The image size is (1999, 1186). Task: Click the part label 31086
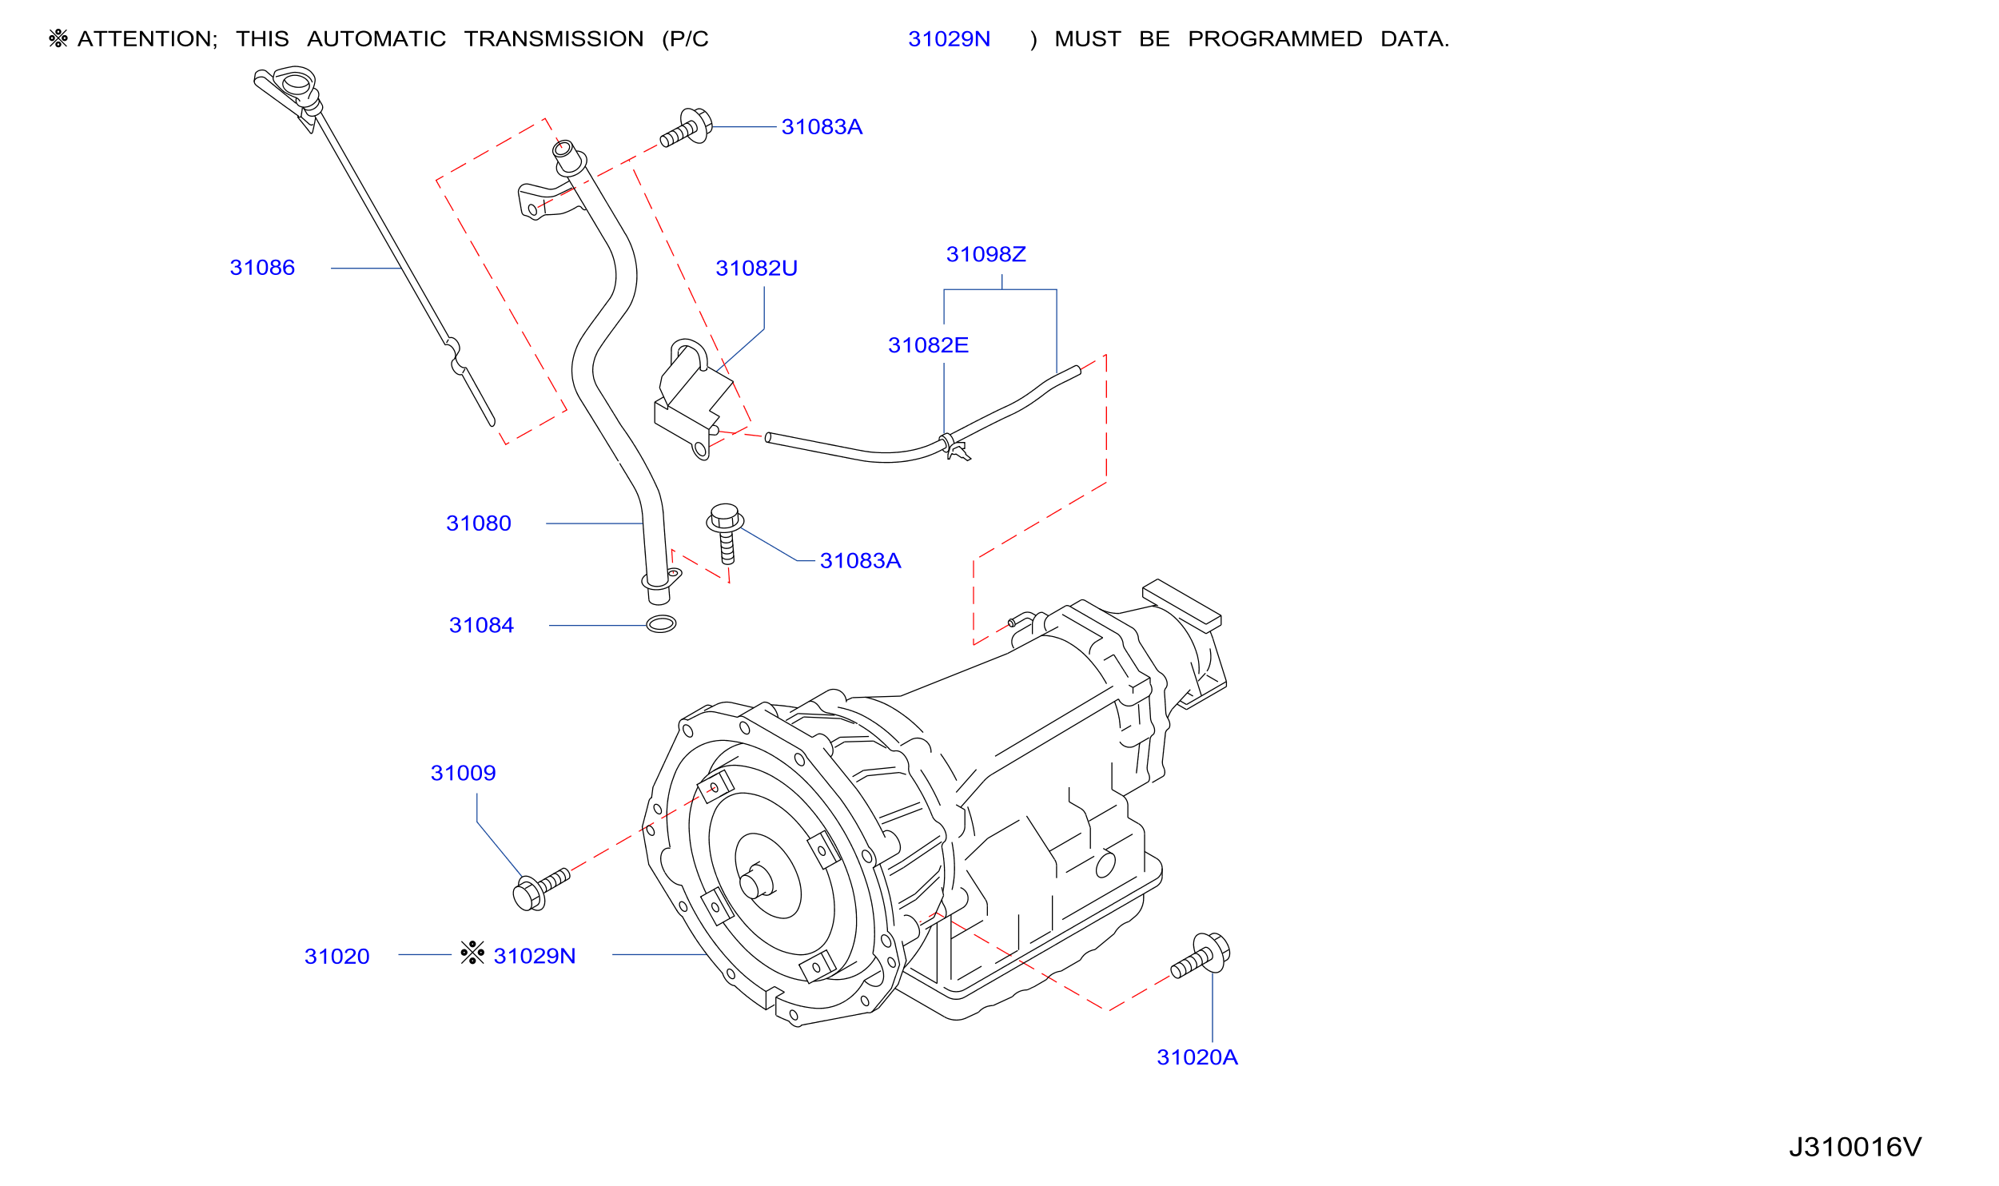[262, 268]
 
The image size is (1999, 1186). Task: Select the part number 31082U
[756, 269]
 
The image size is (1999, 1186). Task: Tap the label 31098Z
[986, 255]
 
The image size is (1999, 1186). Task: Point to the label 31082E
[928, 346]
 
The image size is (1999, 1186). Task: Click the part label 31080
[478, 523]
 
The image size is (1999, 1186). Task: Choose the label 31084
[481, 626]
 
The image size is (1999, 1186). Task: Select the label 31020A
[1197, 1057]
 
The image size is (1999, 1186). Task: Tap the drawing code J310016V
[1854, 1147]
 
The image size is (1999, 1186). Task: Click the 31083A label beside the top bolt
[822, 127]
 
